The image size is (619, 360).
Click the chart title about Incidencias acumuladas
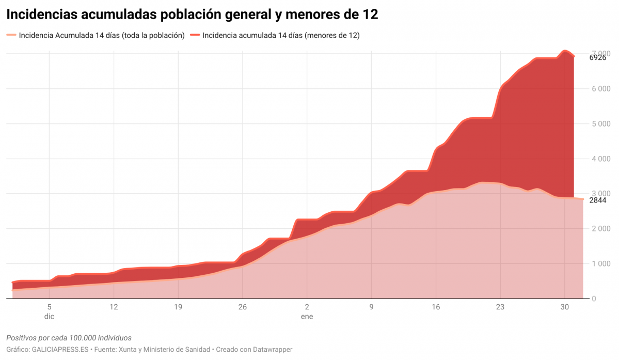[x=192, y=15]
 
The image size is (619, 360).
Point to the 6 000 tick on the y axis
[x=600, y=89]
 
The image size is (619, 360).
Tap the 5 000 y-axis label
[x=600, y=124]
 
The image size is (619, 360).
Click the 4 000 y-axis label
[x=600, y=159]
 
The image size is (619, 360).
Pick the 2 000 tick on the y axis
[x=600, y=229]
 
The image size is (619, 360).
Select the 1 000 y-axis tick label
[x=600, y=264]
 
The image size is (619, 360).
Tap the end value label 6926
[x=598, y=58]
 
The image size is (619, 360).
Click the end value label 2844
[x=598, y=200]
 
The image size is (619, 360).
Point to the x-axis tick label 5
[x=49, y=307]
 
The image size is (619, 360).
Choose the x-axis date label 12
[x=114, y=307]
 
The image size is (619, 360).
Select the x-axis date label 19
[x=178, y=307]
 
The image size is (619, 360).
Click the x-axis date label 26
[x=243, y=307]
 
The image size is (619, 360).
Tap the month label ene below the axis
[x=307, y=317]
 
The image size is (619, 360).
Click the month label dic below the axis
[x=49, y=317]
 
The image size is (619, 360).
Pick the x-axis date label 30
[x=565, y=307]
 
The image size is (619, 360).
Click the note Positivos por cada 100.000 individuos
[x=69, y=338]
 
